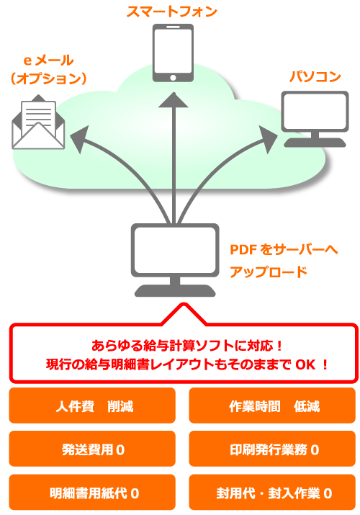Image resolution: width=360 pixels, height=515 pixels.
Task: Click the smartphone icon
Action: (x=173, y=53)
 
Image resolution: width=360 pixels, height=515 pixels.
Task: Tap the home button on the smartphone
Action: (x=173, y=78)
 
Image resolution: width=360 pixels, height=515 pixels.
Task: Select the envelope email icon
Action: (x=38, y=122)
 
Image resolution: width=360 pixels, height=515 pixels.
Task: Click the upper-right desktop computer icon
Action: (x=315, y=119)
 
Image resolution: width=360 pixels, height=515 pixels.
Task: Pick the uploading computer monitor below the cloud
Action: (x=175, y=260)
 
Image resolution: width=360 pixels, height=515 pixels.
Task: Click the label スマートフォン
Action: (x=172, y=12)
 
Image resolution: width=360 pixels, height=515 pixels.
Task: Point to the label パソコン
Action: (x=315, y=76)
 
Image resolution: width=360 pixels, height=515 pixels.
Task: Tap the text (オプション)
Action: (x=48, y=79)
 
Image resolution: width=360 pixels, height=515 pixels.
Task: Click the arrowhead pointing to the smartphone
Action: (x=174, y=100)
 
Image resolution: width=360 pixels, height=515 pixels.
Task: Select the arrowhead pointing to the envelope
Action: (x=79, y=139)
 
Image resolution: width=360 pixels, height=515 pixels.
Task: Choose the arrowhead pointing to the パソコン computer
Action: (x=268, y=139)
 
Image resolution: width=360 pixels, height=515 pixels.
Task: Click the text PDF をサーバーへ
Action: (x=284, y=250)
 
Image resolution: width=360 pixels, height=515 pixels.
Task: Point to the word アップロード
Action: (x=269, y=272)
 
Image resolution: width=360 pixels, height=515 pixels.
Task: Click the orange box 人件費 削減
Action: (x=92, y=406)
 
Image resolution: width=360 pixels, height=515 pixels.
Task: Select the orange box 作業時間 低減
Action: (x=272, y=406)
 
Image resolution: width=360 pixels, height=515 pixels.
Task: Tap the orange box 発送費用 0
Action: (x=92, y=449)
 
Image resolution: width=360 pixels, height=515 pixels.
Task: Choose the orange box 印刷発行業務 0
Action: (x=272, y=449)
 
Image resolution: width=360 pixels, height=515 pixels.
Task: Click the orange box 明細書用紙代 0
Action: (x=92, y=493)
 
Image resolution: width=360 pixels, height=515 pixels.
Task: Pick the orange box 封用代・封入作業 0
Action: (x=272, y=493)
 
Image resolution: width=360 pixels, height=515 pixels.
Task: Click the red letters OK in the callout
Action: (x=305, y=364)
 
